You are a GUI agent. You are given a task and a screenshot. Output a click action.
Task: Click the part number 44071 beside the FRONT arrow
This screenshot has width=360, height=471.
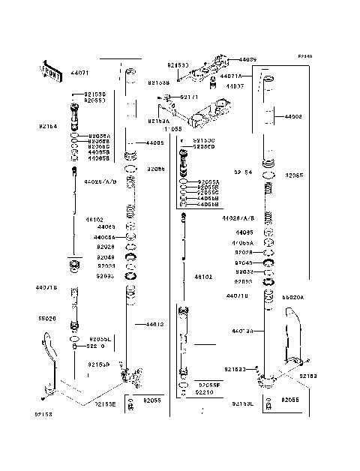tap(80, 73)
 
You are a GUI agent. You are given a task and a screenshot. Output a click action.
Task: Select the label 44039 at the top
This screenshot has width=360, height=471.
tap(247, 59)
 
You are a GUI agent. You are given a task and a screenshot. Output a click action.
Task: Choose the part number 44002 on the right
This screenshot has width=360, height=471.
tap(293, 117)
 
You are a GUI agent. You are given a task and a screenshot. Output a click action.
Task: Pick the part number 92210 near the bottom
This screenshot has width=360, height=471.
tap(204, 391)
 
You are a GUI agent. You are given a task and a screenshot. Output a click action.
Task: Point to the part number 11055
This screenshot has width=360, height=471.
tap(172, 129)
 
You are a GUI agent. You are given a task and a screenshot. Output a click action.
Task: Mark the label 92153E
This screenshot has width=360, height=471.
tap(105, 404)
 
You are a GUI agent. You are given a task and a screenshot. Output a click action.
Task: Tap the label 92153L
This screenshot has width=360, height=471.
tap(241, 403)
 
